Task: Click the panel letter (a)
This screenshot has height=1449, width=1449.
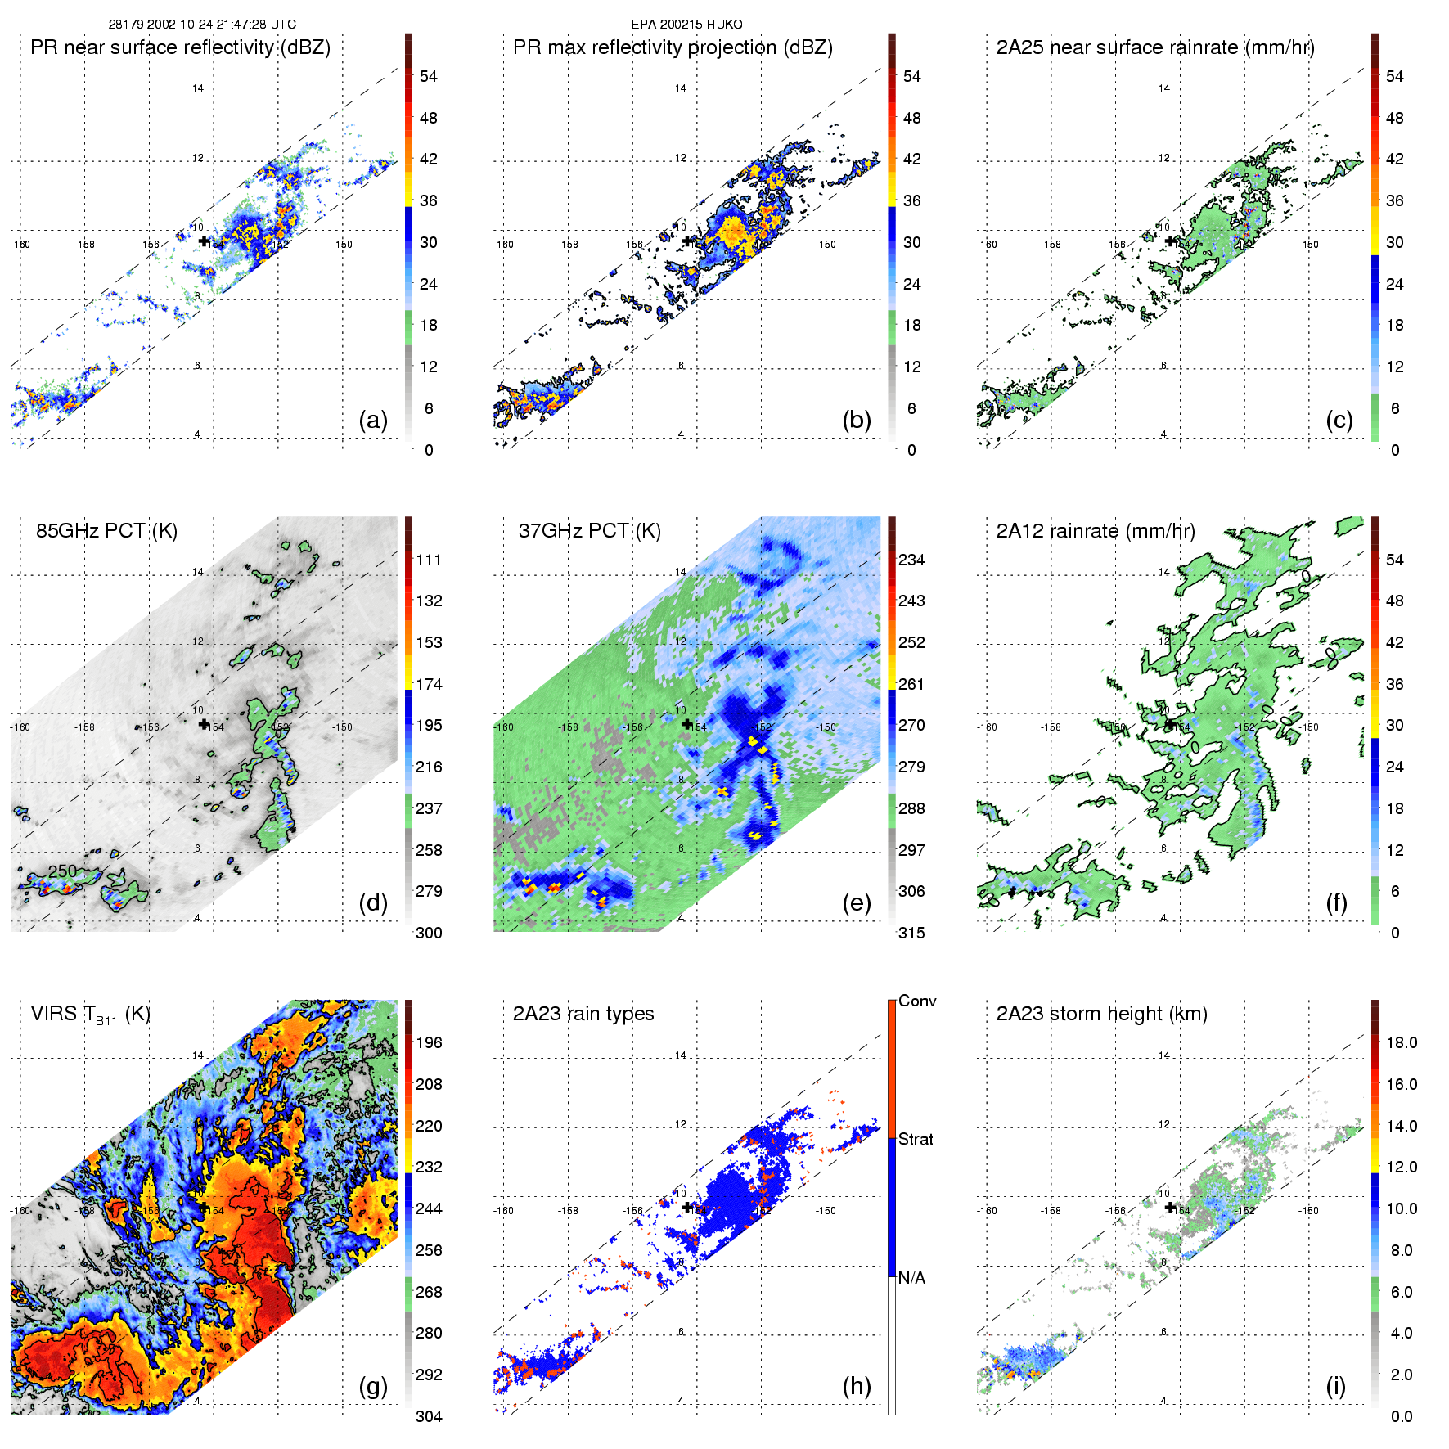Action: point(372,421)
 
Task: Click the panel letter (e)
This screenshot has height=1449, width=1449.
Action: point(856,903)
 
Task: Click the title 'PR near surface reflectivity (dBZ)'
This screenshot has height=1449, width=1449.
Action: point(180,47)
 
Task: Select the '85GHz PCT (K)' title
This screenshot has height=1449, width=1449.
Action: point(106,531)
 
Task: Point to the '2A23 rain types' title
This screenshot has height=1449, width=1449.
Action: point(583,1014)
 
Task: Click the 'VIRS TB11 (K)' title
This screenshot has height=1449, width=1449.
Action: point(90,1015)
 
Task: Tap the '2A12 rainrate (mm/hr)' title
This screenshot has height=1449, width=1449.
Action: point(1095,531)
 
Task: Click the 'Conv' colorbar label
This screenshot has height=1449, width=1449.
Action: point(917,1001)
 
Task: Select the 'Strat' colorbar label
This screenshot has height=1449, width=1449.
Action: point(916,1139)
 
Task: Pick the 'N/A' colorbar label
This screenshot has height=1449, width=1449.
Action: point(911,1278)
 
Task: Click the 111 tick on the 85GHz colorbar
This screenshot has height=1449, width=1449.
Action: point(429,560)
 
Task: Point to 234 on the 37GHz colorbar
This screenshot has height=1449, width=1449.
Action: point(911,560)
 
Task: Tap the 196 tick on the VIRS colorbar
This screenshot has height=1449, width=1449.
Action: point(429,1042)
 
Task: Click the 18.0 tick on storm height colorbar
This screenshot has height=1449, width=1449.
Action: point(1402,1042)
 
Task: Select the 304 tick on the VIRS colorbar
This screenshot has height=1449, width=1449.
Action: point(429,1416)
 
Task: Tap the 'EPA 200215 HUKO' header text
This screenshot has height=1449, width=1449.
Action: point(686,25)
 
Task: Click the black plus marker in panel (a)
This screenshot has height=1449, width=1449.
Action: point(204,241)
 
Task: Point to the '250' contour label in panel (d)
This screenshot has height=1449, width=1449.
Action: point(62,871)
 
